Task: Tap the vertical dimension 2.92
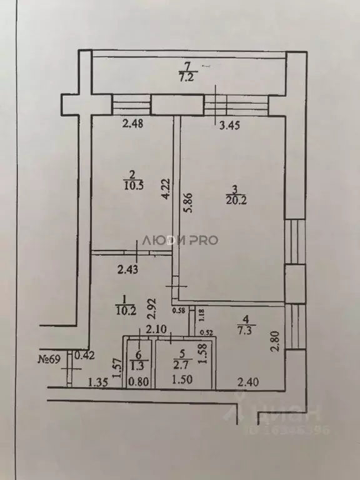pos(150,309)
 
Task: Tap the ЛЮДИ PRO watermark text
pos(179,240)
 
